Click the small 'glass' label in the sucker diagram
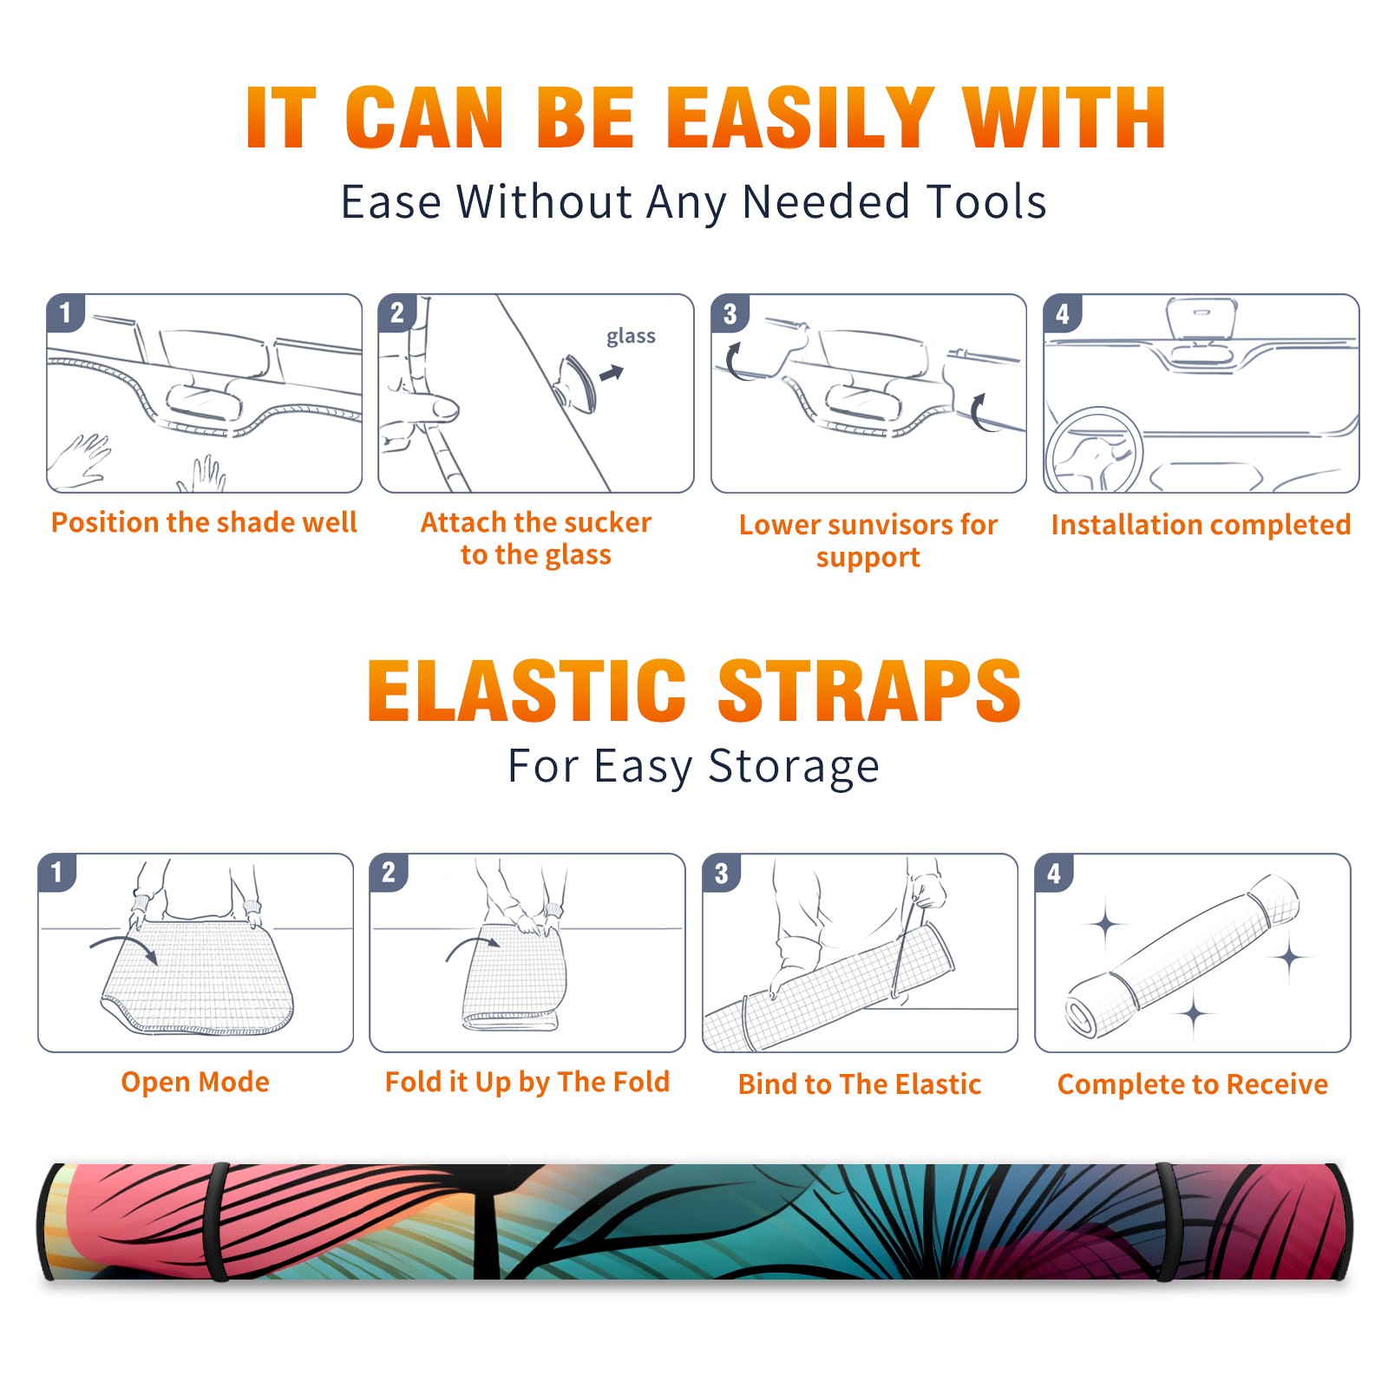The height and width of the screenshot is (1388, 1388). (631, 337)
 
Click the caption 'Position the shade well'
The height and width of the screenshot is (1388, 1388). (204, 522)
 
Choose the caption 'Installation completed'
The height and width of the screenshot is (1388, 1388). (1201, 525)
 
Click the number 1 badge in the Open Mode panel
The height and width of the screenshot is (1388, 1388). (57, 872)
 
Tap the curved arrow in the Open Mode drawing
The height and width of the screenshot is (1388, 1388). (124, 947)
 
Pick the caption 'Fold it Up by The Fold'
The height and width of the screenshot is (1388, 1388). (527, 1082)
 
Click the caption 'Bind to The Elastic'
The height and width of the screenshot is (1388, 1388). (860, 1084)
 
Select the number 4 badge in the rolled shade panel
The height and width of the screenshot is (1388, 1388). (1054, 872)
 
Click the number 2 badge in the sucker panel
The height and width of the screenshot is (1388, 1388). (397, 312)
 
